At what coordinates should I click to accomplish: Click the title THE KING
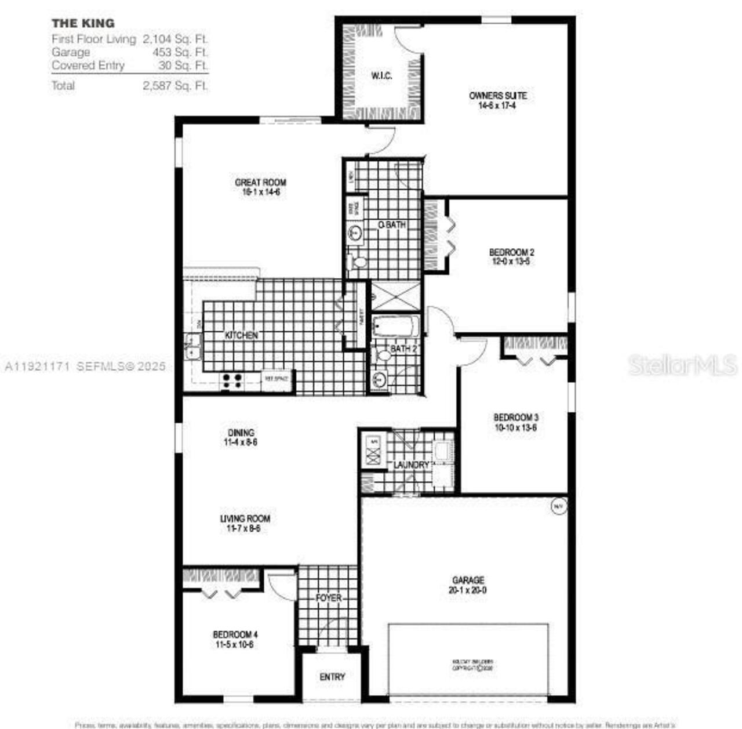[83, 23]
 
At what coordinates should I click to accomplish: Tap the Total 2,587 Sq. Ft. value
[176, 86]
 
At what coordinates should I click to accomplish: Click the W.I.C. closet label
[381, 75]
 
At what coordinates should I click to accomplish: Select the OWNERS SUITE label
[497, 96]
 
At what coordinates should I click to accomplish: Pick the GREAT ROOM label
[260, 182]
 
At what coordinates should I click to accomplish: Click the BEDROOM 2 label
[511, 252]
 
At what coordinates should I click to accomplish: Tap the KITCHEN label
[241, 335]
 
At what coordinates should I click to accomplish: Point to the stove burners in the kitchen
[232, 381]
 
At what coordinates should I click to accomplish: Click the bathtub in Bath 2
[396, 326]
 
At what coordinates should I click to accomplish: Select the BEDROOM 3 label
[516, 418]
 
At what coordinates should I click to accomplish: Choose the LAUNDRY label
[411, 465]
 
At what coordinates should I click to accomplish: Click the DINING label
[241, 433]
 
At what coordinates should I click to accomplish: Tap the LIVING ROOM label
[245, 518]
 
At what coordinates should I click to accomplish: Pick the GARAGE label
[468, 580]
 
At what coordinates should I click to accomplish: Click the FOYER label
[329, 597]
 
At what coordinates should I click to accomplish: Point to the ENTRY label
[332, 677]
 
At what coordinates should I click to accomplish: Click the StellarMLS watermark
[682, 365]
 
